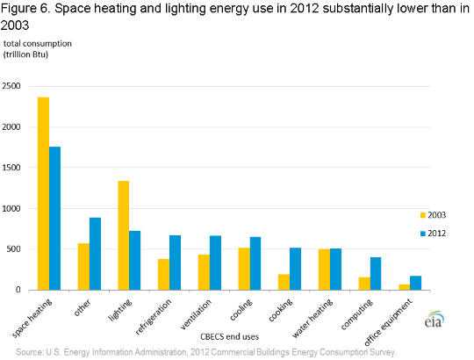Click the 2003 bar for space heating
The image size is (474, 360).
coord(43,193)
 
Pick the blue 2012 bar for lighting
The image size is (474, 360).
coord(135,260)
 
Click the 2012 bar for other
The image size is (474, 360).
coord(95,254)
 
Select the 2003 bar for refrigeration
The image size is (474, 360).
coord(163,274)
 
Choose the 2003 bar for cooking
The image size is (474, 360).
coord(284,282)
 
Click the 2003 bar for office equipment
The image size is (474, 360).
coord(404,286)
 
